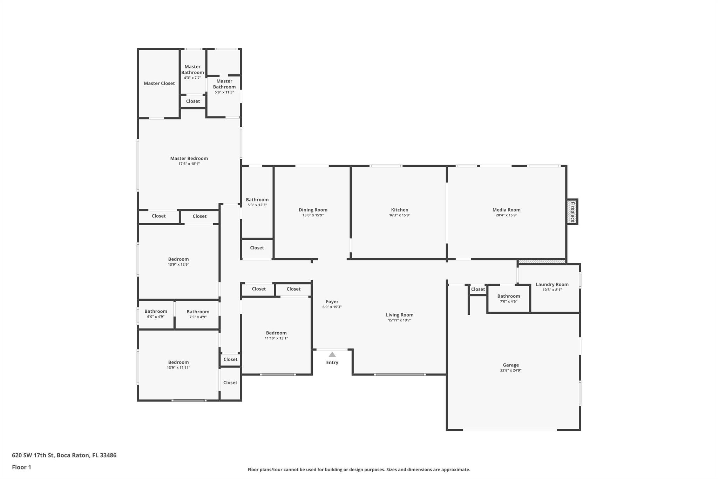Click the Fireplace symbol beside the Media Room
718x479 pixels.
click(572, 212)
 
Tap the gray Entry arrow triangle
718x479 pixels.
click(332, 354)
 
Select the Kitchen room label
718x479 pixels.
click(400, 210)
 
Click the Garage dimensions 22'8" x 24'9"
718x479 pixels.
click(510, 370)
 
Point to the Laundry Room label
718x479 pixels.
click(552, 284)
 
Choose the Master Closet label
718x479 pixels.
click(159, 83)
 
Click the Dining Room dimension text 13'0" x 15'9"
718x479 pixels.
click(313, 215)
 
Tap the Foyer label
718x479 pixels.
click(332, 301)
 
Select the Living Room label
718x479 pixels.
click(400, 315)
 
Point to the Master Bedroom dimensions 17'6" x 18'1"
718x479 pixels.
click(189, 164)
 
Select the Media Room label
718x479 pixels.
click(506, 210)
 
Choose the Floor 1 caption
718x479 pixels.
click(21, 467)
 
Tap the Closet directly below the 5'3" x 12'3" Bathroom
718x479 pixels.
click(257, 248)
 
